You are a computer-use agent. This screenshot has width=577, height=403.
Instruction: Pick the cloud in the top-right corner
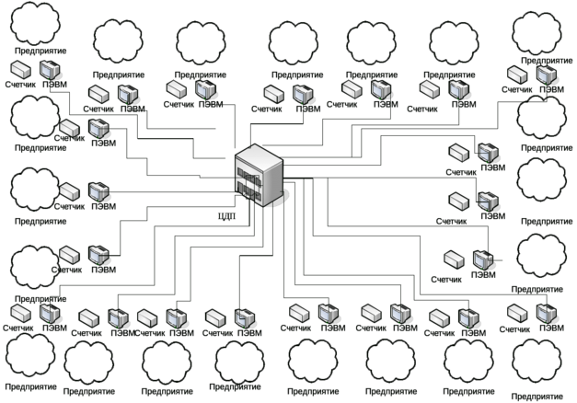point(537,34)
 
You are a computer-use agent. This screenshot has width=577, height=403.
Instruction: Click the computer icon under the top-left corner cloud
point(48,71)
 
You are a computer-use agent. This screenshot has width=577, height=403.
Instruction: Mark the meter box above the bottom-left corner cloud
point(18,314)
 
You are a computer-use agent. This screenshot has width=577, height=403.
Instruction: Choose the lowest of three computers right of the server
point(480,259)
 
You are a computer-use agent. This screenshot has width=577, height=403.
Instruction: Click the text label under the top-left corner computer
point(52,85)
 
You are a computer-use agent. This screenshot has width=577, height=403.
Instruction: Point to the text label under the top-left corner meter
point(18,85)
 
